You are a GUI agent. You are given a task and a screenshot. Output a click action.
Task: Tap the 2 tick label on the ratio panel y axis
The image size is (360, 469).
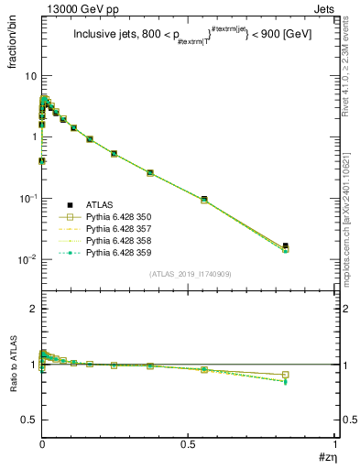pyautogui.click(x=33, y=309)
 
